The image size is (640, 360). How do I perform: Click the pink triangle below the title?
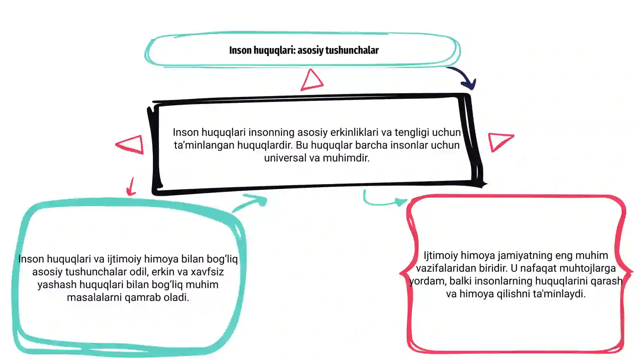point(312,80)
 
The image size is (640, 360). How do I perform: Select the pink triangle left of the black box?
point(130,144)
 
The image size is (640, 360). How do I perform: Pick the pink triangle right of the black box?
point(500,142)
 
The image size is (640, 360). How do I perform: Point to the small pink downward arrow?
point(131,186)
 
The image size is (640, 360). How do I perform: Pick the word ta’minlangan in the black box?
point(204,145)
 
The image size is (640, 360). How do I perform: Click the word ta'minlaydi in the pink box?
point(560,294)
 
